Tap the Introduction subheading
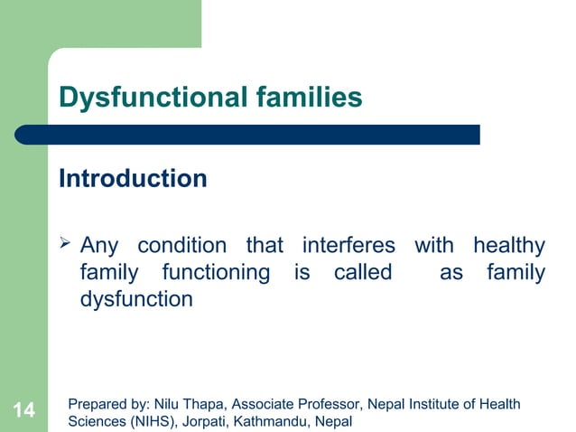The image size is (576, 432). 133,179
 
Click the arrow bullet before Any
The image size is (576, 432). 65,244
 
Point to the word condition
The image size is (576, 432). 181,246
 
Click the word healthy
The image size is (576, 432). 508,246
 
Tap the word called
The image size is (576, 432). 362,272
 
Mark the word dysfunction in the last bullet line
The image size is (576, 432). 136,299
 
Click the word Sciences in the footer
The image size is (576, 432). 95,421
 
